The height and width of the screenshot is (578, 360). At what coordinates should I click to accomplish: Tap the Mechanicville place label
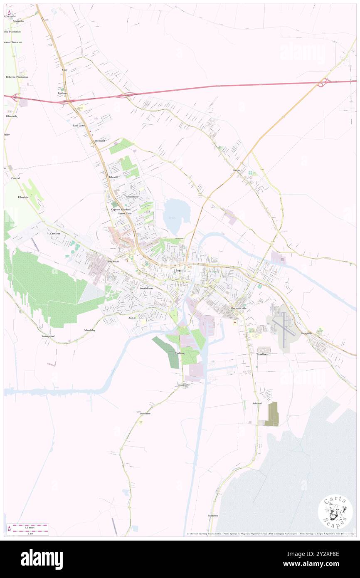point(239,308)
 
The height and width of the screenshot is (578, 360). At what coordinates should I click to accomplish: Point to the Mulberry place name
point(180,353)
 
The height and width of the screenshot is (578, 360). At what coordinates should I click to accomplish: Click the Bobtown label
point(212,516)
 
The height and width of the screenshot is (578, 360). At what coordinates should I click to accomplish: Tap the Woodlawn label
point(262,354)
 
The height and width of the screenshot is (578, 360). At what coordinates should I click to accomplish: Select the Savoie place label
point(237,170)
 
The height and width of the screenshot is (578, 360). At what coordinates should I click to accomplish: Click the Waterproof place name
point(48,336)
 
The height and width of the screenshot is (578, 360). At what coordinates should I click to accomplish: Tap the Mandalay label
point(90,330)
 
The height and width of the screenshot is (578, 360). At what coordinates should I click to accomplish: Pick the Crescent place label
point(55,234)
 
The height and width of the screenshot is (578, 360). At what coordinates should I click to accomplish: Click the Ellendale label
point(23,197)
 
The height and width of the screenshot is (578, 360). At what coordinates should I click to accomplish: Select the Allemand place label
point(99,141)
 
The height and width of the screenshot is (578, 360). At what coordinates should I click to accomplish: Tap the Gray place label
point(65,70)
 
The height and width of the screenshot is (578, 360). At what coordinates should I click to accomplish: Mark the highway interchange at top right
point(324,83)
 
